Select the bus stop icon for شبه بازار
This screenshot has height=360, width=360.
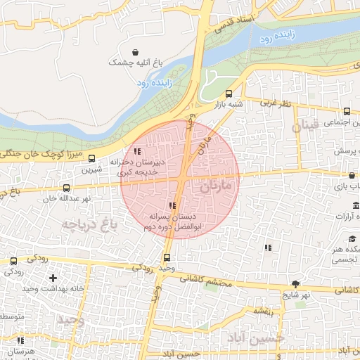point(229,94)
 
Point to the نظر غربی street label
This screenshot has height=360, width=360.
point(276,103)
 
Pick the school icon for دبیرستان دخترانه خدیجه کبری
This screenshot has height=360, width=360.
point(137,151)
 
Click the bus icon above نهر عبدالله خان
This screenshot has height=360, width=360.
point(66,188)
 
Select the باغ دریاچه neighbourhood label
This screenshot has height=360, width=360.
point(87,224)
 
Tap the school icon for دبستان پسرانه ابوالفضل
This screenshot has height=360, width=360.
point(173,205)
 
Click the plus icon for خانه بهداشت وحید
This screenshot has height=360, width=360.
point(53,278)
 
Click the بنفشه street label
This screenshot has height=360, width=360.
point(263,310)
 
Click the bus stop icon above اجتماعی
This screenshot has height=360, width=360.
point(347,110)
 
